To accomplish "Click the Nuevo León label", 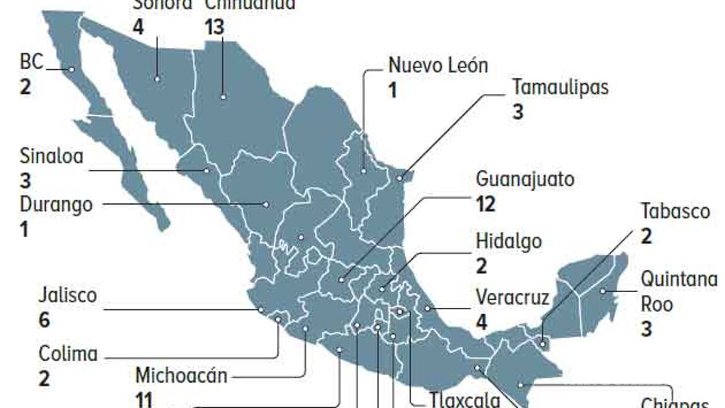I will pos(437,65).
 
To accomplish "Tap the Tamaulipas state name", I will pos(560,86).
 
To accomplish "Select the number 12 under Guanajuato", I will pos(486,204).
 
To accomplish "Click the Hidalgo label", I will pos(509,241).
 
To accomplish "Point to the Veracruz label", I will pos(512,297).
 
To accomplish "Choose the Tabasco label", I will pos(675,211).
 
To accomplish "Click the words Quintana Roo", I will pos(678,291).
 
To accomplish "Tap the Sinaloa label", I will pos(51,156).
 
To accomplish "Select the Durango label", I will pos(56,204).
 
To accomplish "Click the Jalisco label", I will pos(67,295).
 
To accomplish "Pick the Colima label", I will pos(68,353).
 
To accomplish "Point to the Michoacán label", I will pos(181,376).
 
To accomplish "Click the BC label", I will pos(31,62).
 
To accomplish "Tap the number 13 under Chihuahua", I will pos(214,27).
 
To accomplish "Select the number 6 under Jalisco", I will pos(44,320).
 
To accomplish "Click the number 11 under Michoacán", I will pos(144,399).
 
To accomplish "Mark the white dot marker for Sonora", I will pos(157,79).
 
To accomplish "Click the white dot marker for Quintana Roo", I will pos(603,291).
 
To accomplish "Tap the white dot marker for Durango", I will pos(266,204).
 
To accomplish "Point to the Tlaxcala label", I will pos(465,400).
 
